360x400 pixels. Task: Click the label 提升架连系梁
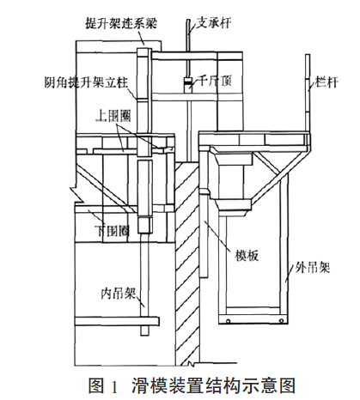tap(121, 23)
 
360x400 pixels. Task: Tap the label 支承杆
tap(214, 22)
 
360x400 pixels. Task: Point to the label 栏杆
tap(326, 82)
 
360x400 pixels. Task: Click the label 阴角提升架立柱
tap(86, 82)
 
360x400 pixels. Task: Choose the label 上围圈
tap(113, 116)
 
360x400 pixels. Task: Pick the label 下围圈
tap(112, 231)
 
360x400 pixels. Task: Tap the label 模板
tap(247, 255)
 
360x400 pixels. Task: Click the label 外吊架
tap(313, 268)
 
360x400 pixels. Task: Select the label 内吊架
tap(118, 294)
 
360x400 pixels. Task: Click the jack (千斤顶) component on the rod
tap(188, 83)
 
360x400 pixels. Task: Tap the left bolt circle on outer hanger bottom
tap(228, 321)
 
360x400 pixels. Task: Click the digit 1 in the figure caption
tap(113, 386)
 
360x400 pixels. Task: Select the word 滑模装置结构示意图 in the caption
tap(213, 385)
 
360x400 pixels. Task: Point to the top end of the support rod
tap(188, 20)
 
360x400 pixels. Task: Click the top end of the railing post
tap(308, 55)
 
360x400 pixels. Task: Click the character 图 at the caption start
tap(96, 385)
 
